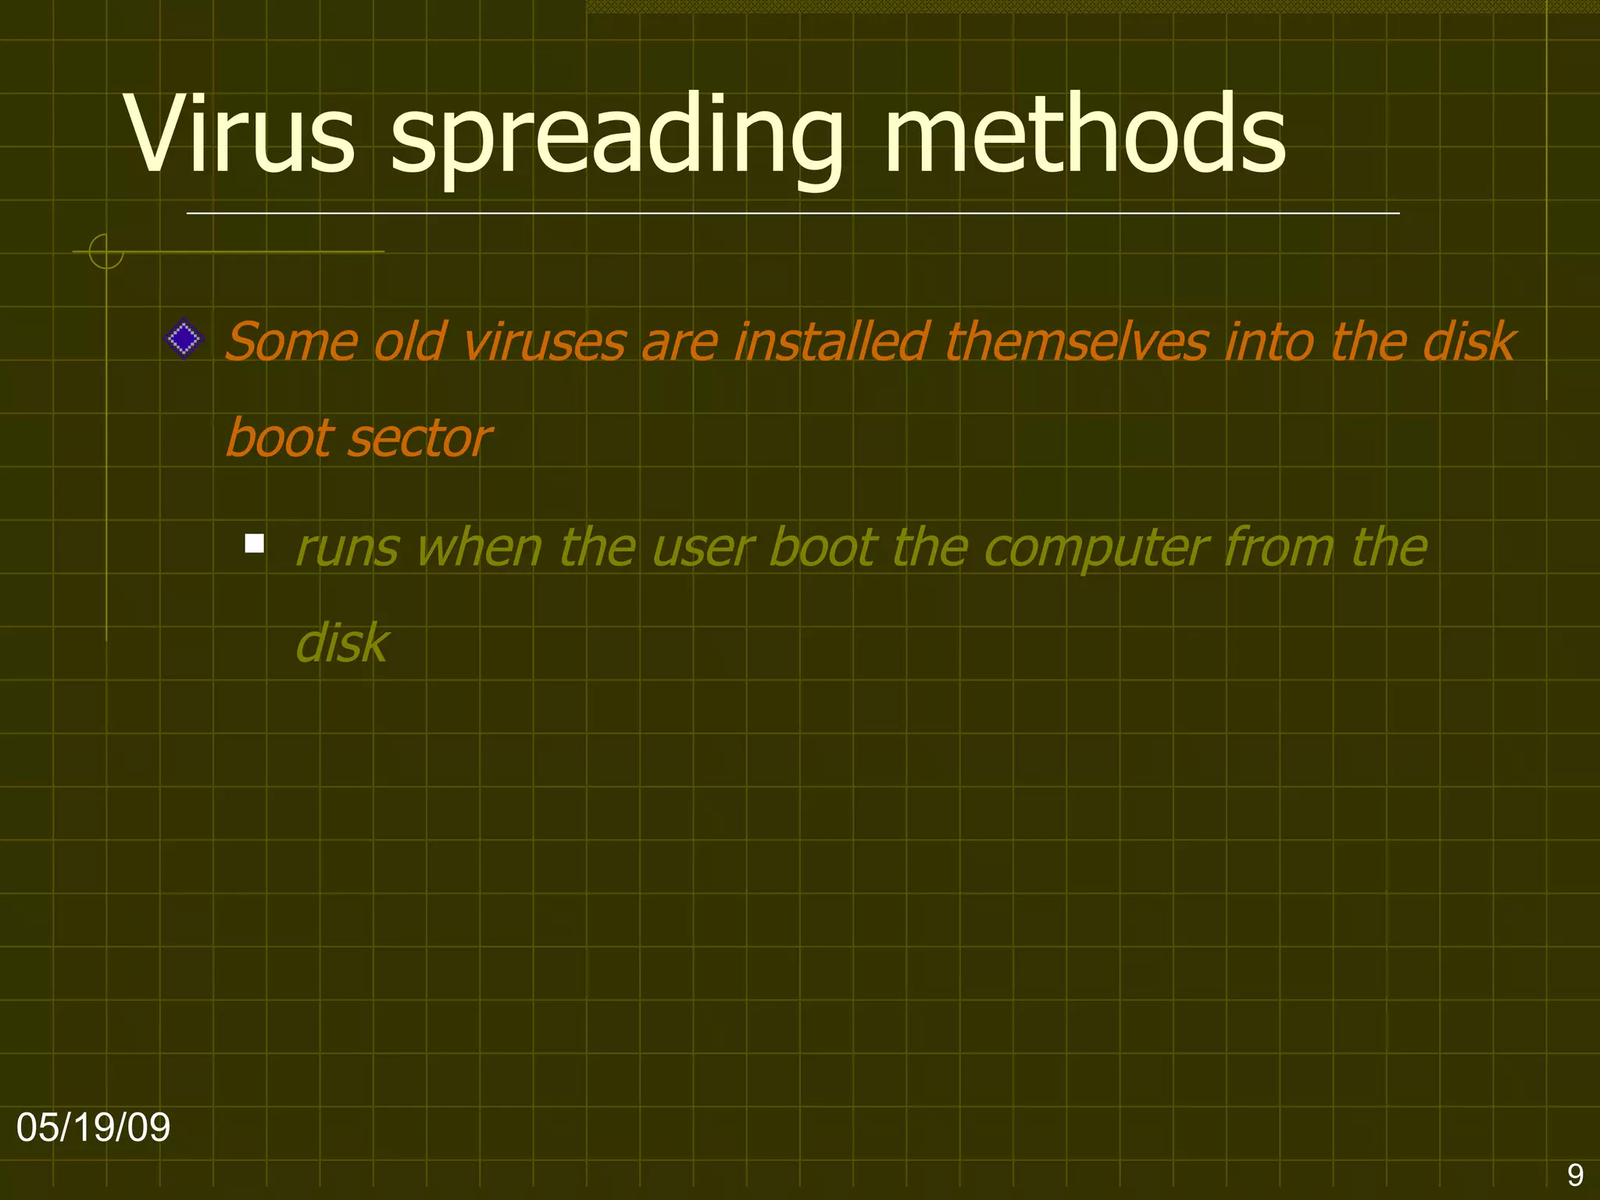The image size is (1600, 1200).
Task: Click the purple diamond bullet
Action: coord(184,339)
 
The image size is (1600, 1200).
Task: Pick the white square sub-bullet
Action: coord(254,543)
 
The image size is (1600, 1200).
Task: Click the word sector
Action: coord(420,438)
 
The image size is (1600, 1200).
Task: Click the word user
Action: coord(702,548)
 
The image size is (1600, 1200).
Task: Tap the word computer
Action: coord(1095,549)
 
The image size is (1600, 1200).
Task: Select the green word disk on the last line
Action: coord(341,644)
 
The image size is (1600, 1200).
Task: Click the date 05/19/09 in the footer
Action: coord(93,1127)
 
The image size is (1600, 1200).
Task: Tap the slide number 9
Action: coord(1575,1175)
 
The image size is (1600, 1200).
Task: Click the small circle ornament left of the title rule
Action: coord(106,252)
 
